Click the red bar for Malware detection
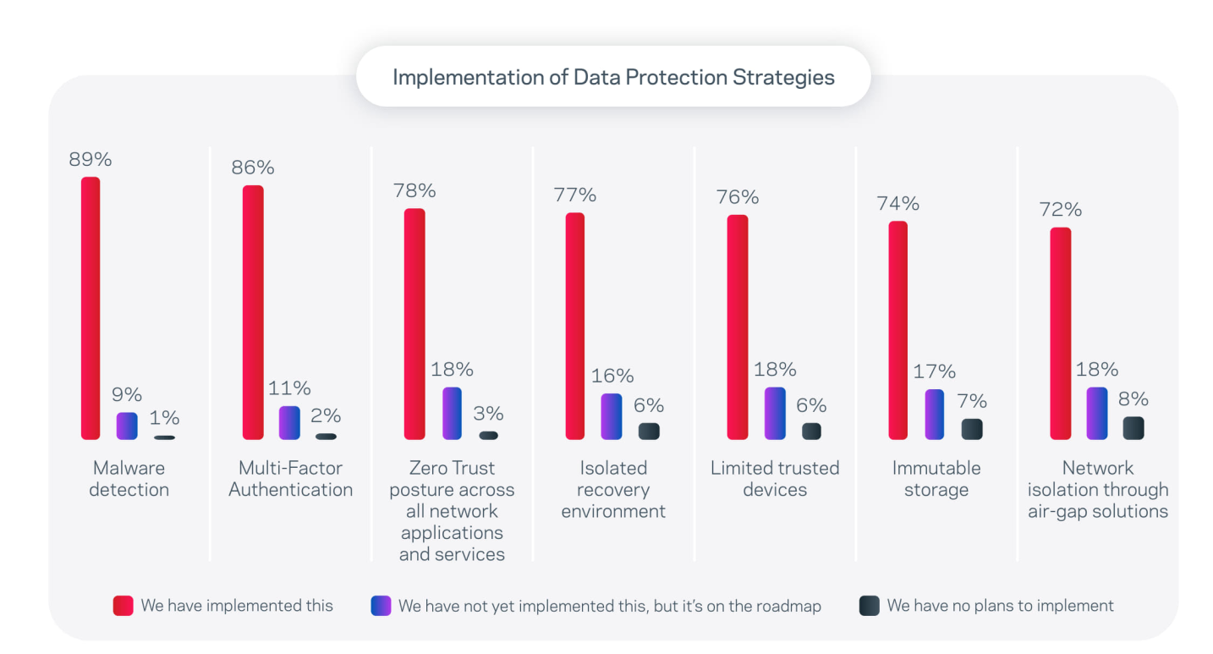[x=91, y=308]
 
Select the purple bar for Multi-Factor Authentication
[x=289, y=422]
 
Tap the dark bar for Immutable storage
[x=972, y=429]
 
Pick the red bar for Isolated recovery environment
[x=575, y=326]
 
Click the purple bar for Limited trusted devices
[x=775, y=413]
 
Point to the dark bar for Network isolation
[x=1133, y=427]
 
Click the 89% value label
[x=91, y=159]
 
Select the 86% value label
[x=253, y=168]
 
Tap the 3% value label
[x=489, y=413]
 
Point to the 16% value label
[x=612, y=376]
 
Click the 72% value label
[x=1061, y=210]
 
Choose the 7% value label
[x=973, y=401]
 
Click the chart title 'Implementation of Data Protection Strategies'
[x=613, y=77]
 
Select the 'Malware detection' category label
[x=129, y=479]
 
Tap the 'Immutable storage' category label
[x=936, y=479]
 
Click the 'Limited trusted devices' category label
[x=775, y=479]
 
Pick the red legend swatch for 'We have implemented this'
[x=123, y=606]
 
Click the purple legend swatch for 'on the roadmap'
[x=381, y=606]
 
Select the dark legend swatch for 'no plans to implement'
[x=869, y=606]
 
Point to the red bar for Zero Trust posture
[x=414, y=324]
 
